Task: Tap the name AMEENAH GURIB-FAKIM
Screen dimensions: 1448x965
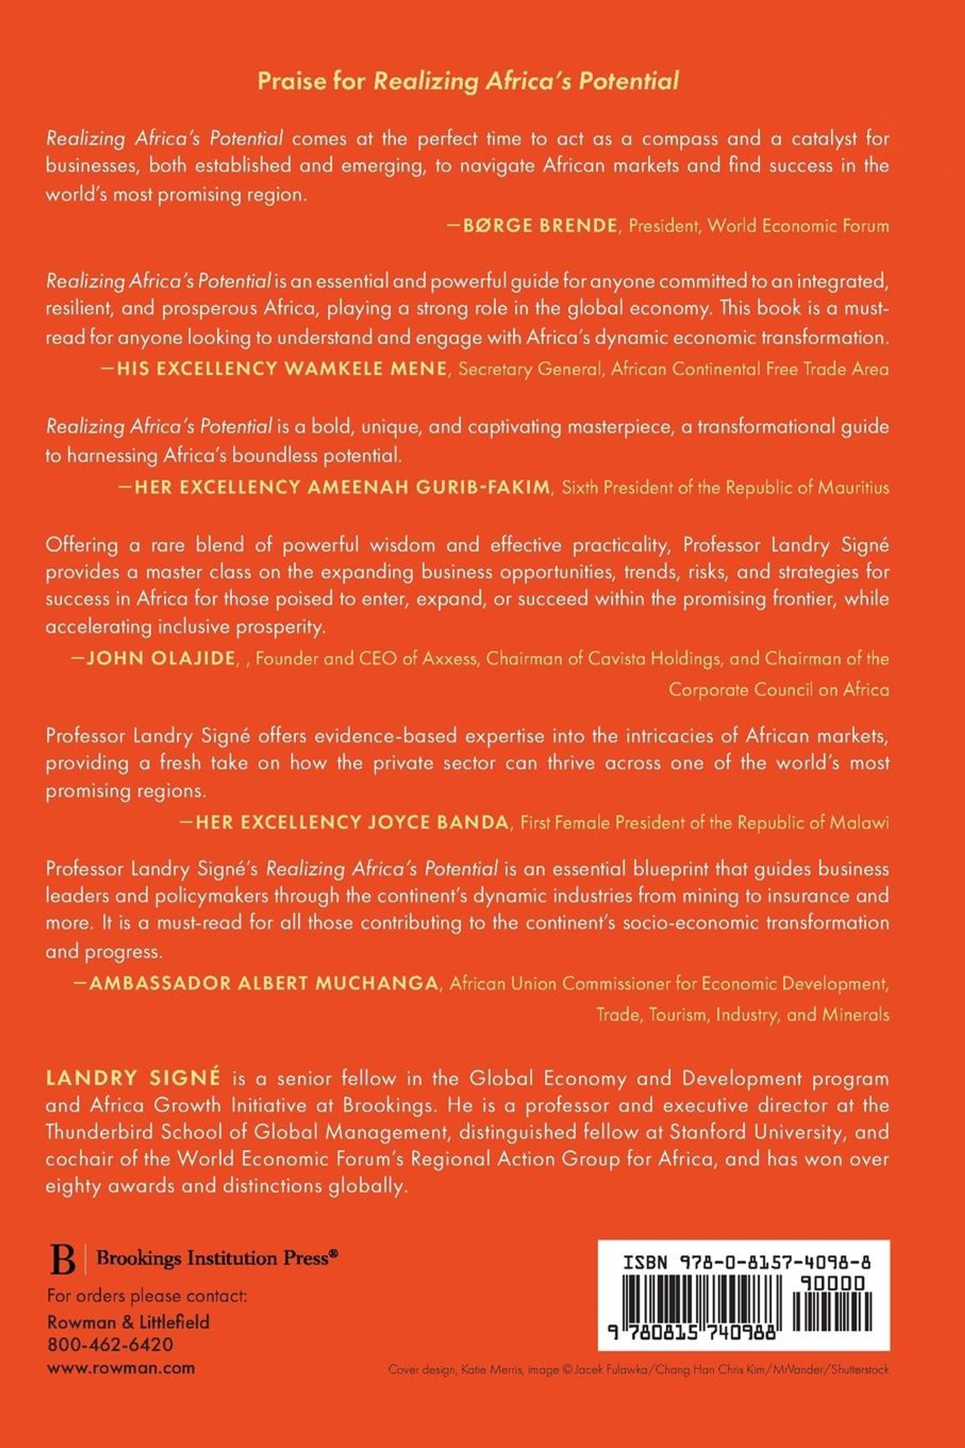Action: pos(428,488)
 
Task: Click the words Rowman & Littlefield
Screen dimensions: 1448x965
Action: pos(128,1321)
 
